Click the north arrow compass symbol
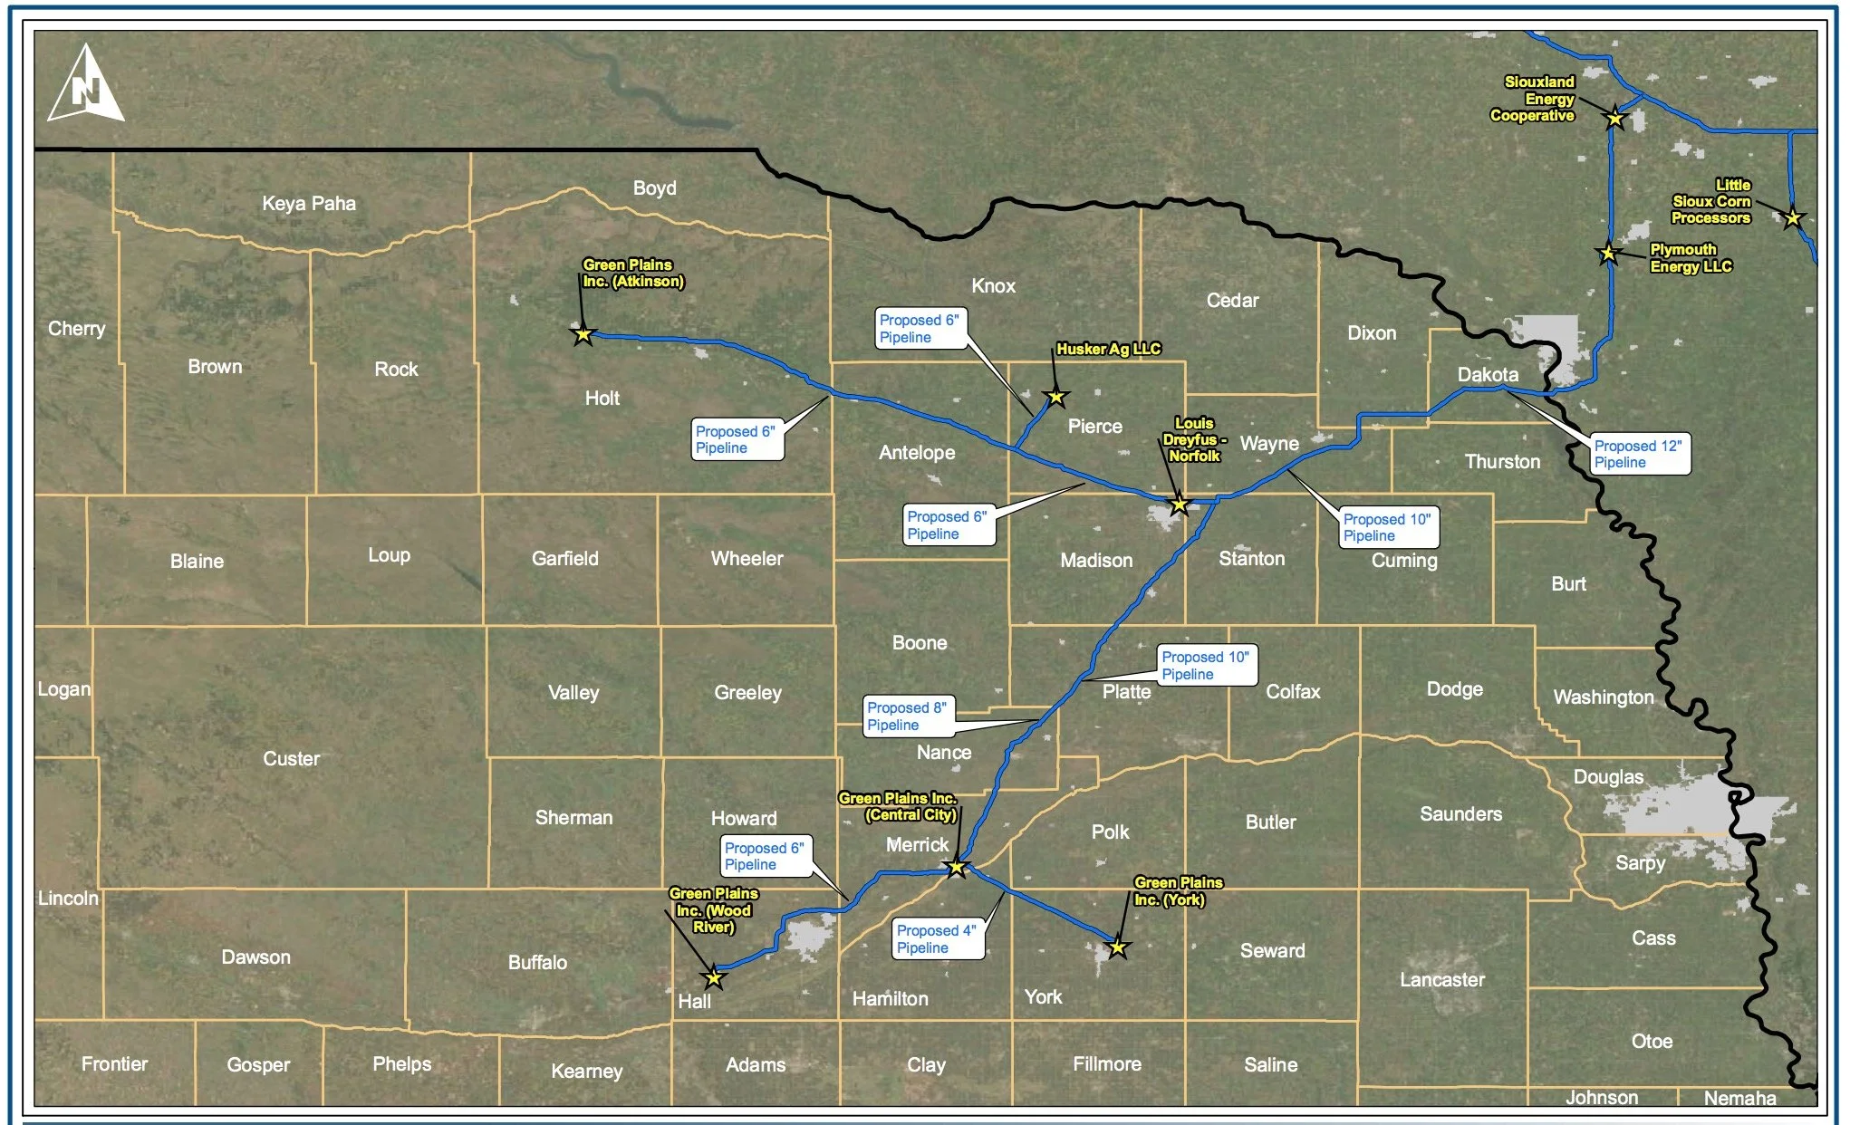pyautogui.click(x=85, y=86)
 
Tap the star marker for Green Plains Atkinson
pyautogui.click(x=583, y=334)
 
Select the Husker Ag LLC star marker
pyautogui.click(x=1055, y=397)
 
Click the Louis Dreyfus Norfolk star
pyautogui.click(x=1179, y=505)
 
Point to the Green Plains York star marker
pyautogui.click(x=1118, y=948)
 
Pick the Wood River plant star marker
pyautogui.click(x=714, y=977)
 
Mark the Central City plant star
pyautogui.click(x=957, y=868)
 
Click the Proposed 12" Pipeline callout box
pyautogui.click(x=1639, y=454)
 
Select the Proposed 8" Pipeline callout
pyautogui.click(x=908, y=716)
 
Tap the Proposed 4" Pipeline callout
pyautogui.click(x=937, y=938)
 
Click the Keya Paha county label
pyautogui.click(x=309, y=203)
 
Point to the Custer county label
pyautogui.click(x=291, y=758)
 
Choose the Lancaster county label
pyautogui.click(x=1441, y=979)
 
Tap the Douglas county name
pyautogui.click(x=1608, y=776)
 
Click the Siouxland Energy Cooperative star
pyautogui.click(x=1614, y=118)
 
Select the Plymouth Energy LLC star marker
pyautogui.click(x=1608, y=254)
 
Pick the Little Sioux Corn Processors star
pyautogui.click(x=1792, y=217)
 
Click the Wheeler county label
pyautogui.click(x=747, y=558)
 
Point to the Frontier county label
pyautogui.click(x=114, y=1063)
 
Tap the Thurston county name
pyautogui.click(x=1502, y=461)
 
